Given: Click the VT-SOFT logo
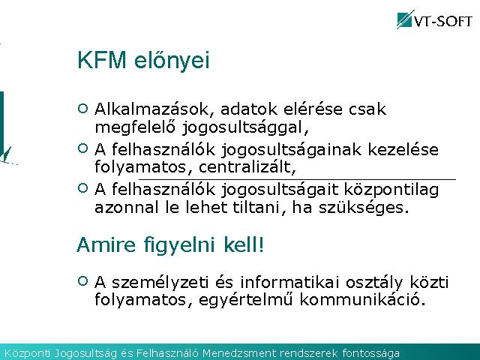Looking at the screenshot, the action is [x=434, y=19].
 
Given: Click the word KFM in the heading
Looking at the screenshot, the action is [x=102, y=60].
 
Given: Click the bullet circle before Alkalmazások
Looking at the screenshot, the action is [x=83, y=108].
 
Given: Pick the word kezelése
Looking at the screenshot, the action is [x=403, y=149].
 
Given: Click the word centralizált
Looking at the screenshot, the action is [x=247, y=167].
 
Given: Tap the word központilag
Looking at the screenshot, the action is [x=391, y=190].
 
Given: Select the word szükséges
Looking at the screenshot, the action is [x=364, y=208].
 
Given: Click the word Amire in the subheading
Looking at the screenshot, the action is [x=106, y=244].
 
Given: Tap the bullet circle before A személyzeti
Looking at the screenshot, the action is [x=83, y=281].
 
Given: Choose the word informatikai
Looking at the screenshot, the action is [x=289, y=282].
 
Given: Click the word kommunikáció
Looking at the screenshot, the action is [x=362, y=299].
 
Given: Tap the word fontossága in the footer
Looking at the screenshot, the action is [x=371, y=353].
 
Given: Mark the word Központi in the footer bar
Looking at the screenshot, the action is [x=27, y=353].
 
